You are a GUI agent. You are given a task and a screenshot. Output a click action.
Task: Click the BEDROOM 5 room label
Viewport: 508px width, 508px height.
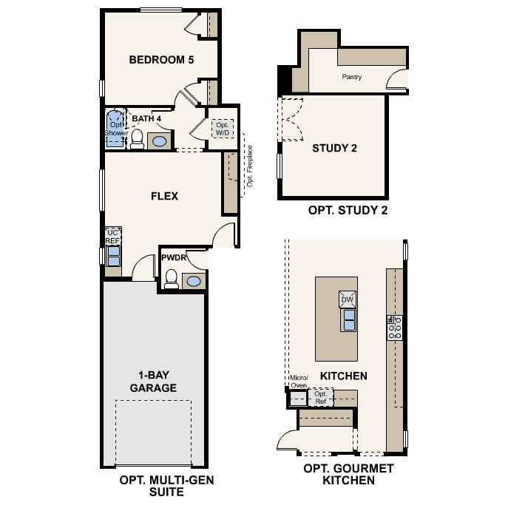161,60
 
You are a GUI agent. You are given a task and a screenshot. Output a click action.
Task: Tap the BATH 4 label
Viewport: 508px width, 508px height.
146,118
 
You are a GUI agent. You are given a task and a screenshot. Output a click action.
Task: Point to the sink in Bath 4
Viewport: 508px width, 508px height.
160,140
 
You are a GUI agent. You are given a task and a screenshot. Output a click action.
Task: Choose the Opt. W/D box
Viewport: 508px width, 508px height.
223,129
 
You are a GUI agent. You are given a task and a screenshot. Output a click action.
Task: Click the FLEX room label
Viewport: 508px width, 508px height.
164,196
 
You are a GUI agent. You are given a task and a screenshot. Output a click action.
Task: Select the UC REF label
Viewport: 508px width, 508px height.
113,237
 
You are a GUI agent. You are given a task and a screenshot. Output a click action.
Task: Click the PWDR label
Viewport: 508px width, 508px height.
172,258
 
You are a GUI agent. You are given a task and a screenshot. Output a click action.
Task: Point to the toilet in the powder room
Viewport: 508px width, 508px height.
172,279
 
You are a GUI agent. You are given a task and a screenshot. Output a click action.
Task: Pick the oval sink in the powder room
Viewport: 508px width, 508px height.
193,281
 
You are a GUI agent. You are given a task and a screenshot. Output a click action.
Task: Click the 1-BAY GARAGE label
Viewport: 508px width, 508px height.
153,381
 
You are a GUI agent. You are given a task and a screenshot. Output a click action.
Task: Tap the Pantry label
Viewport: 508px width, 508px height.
351,77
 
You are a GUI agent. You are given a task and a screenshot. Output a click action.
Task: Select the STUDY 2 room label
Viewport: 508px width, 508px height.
334,148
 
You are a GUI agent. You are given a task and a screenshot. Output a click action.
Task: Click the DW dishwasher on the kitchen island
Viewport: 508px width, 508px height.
348,299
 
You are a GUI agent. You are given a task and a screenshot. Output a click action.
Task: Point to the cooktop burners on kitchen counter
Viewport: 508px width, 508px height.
394,323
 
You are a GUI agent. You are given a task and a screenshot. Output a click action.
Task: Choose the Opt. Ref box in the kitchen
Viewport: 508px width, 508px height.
320,398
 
